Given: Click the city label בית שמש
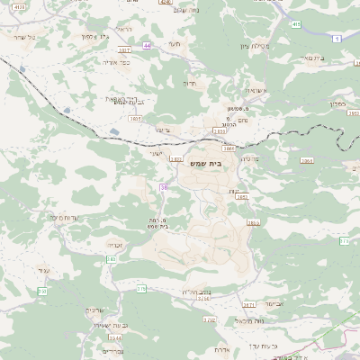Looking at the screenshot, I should (x=205, y=165).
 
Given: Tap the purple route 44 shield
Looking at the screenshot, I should (x=147, y=44).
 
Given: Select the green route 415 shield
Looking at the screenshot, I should (x=296, y=25).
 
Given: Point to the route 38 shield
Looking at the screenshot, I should (x=164, y=187).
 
